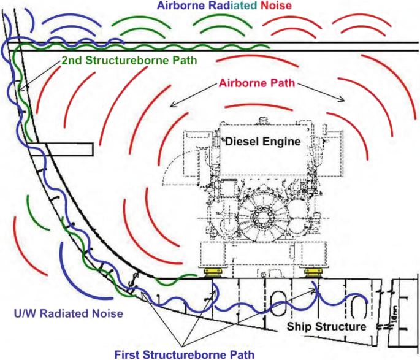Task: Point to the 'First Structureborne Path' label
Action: click(x=183, y=353)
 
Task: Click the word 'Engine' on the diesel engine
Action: click(x=285, y=141)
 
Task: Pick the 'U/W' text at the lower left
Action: click(x=23, y=313)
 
